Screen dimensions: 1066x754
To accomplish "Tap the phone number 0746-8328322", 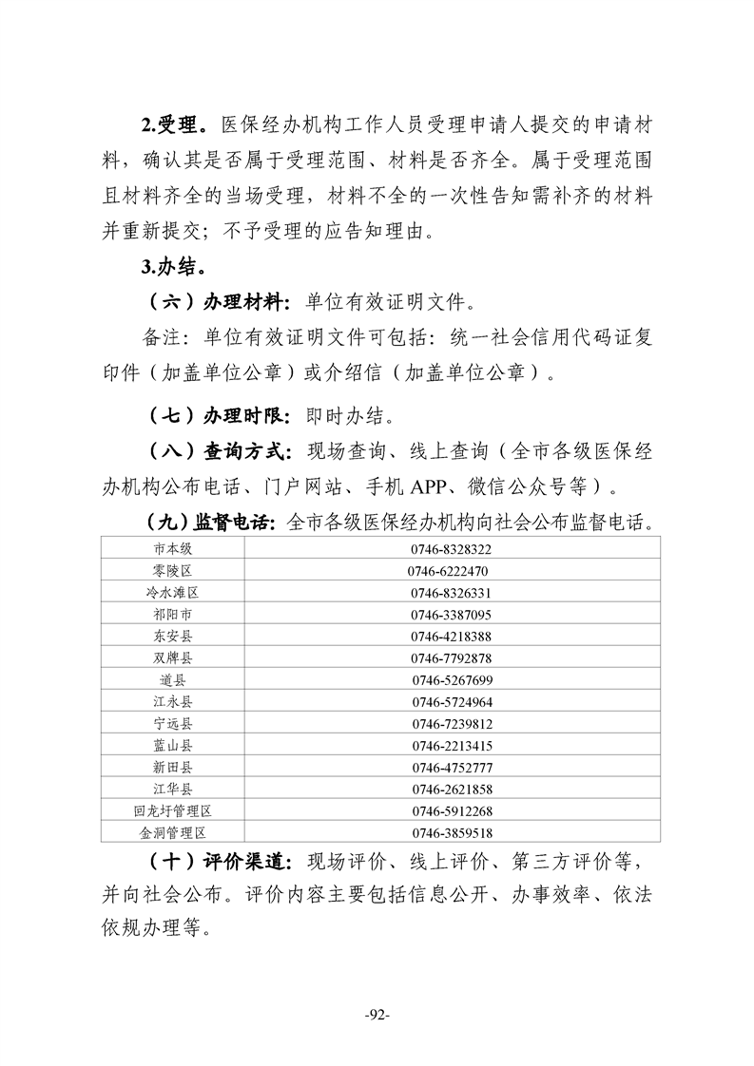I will (x=452, y=549).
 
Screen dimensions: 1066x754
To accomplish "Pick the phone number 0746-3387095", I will (x=452, y=615).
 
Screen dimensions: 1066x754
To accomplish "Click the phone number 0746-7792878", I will (x=452, y=658).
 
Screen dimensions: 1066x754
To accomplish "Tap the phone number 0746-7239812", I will (x=452, y=724).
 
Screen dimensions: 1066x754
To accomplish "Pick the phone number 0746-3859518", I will (x=452, y=833).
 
